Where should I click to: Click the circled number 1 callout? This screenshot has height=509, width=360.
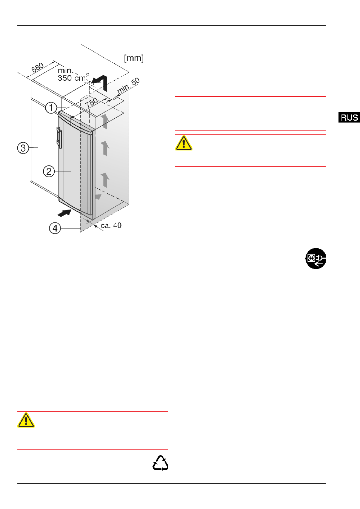(51, 108)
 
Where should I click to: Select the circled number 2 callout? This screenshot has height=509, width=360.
(49, 171)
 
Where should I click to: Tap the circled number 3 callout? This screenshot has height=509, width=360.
(23, 148)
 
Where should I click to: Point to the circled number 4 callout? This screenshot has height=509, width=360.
(55, 228)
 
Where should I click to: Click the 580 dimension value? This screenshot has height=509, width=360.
(37, 67)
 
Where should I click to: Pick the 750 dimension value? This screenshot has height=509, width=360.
(91, 103)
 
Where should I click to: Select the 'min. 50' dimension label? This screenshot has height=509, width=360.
(128, 86)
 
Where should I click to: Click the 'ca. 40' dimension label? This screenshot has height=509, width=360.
(111, 225)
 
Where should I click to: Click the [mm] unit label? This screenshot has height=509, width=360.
(134, 58)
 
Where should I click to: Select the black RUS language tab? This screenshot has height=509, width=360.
(349, 118)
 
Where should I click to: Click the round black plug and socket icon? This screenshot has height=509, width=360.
(315, 258)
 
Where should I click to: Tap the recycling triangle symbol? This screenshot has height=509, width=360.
(160, 463)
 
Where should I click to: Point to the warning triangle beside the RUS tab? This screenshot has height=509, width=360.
(183, 143)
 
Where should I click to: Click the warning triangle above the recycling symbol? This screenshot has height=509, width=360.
(26, 420)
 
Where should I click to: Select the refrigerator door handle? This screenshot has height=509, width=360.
(59, 138)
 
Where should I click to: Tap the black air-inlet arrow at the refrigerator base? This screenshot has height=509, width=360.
(65, 213)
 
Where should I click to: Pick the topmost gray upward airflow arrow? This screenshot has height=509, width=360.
(105, 121)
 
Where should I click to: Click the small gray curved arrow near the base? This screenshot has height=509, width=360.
(98, 197)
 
